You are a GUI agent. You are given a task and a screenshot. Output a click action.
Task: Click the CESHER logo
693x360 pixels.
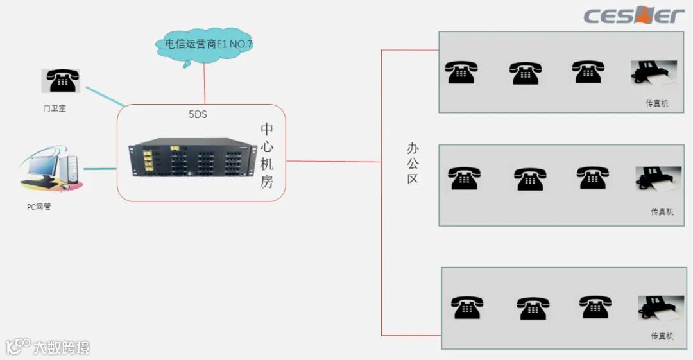tap(633, 15)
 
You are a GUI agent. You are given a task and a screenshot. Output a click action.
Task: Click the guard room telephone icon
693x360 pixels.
tap(62, 81)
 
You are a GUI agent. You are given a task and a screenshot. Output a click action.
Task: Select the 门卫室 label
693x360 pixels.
tap(55, 108)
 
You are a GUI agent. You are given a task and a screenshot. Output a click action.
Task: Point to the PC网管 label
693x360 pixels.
tap(39, 207)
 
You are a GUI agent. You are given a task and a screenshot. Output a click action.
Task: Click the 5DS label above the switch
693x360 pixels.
tap(198, 115)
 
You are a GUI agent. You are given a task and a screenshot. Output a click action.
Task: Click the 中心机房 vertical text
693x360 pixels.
tap(267, 155)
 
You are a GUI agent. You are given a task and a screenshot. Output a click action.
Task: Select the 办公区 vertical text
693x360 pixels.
tap(413, 164)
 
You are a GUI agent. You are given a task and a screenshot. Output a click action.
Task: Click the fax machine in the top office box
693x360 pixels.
tap(653, 74)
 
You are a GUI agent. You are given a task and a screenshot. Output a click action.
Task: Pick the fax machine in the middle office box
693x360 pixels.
tap(657, 180)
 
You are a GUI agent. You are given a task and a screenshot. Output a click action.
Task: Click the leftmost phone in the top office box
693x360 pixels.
tap(462, 72)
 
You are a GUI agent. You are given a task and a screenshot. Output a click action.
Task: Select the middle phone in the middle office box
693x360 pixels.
tap(530, 179)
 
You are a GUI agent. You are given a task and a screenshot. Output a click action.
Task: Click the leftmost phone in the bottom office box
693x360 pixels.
tap(466, 307)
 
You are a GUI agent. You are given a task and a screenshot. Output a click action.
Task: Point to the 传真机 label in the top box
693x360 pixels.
tap(656, 103)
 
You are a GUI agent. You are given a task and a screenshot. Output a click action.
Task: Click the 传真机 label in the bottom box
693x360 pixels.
tap(662, 336)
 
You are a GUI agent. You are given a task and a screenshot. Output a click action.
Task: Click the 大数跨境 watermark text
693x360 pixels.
tap(62, 348)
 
